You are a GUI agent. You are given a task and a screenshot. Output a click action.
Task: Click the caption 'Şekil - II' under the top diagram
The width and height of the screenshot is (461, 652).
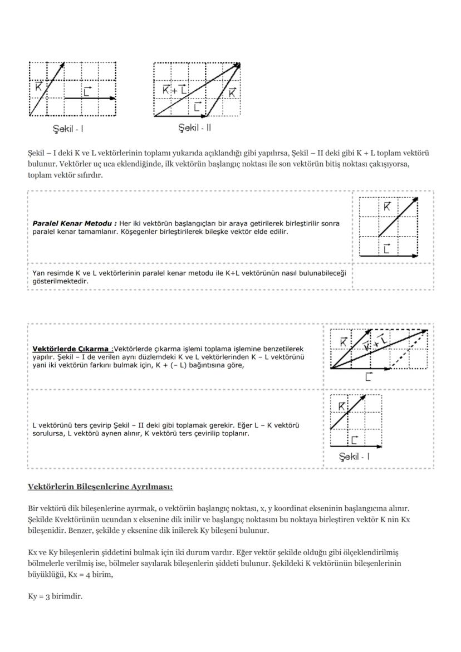pyautogui.click(x=194, y=128)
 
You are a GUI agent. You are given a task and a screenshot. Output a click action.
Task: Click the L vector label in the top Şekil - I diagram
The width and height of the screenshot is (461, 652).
pyautogui.click(x=87, y=91)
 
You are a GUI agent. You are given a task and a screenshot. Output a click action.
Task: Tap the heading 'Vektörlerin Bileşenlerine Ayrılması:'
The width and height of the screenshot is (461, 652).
pyautogui.click(x=100, y=487)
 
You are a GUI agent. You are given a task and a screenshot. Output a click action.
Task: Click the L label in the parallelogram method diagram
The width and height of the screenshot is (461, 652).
pyautogui.click(x=387, y=248)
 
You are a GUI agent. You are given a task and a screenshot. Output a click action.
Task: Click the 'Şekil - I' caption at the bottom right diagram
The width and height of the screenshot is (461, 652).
pyautogui.click(x=354, y=457)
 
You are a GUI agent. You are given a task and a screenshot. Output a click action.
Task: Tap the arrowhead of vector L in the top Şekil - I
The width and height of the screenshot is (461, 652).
pyautogui.click(x=114, y=99)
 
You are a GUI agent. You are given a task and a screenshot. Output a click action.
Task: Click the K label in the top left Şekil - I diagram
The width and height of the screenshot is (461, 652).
pyautogui.click(x=38, y=86)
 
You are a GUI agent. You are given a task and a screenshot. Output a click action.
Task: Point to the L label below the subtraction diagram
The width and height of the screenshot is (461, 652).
pyautogui.click(x=368, y=378)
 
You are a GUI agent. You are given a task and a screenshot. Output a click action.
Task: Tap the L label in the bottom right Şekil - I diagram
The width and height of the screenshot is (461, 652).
pyautogui.click(x=355, y=440)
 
